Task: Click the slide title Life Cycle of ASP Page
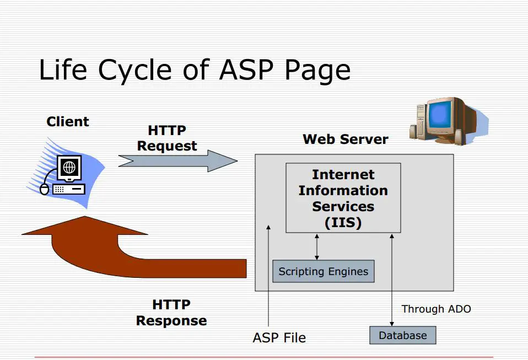(x=195, y=69)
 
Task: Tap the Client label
(x=68, y=122)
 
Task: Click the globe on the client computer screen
(x=69, y=166)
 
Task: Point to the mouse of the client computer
(x=45, y=189)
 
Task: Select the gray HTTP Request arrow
(x=178, y=161)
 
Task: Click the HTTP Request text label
(x=167, y=138)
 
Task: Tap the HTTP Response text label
(x=171, y=313)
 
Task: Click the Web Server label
(x=346, y=139)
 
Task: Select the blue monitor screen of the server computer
(x=440, y=114)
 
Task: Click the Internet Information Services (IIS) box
(x=343, y=198)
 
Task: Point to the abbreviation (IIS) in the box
(x=343, y=223)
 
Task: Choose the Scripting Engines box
(x=324, y=271)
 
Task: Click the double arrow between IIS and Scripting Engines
(x=316, y=247)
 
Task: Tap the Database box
(x=403, y=335)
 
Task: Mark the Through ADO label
(x=437, y=309)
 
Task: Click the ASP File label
(x=279, y=338)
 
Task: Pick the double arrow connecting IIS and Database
(x=392, y=280)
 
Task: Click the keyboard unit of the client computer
(x=69, y=189)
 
